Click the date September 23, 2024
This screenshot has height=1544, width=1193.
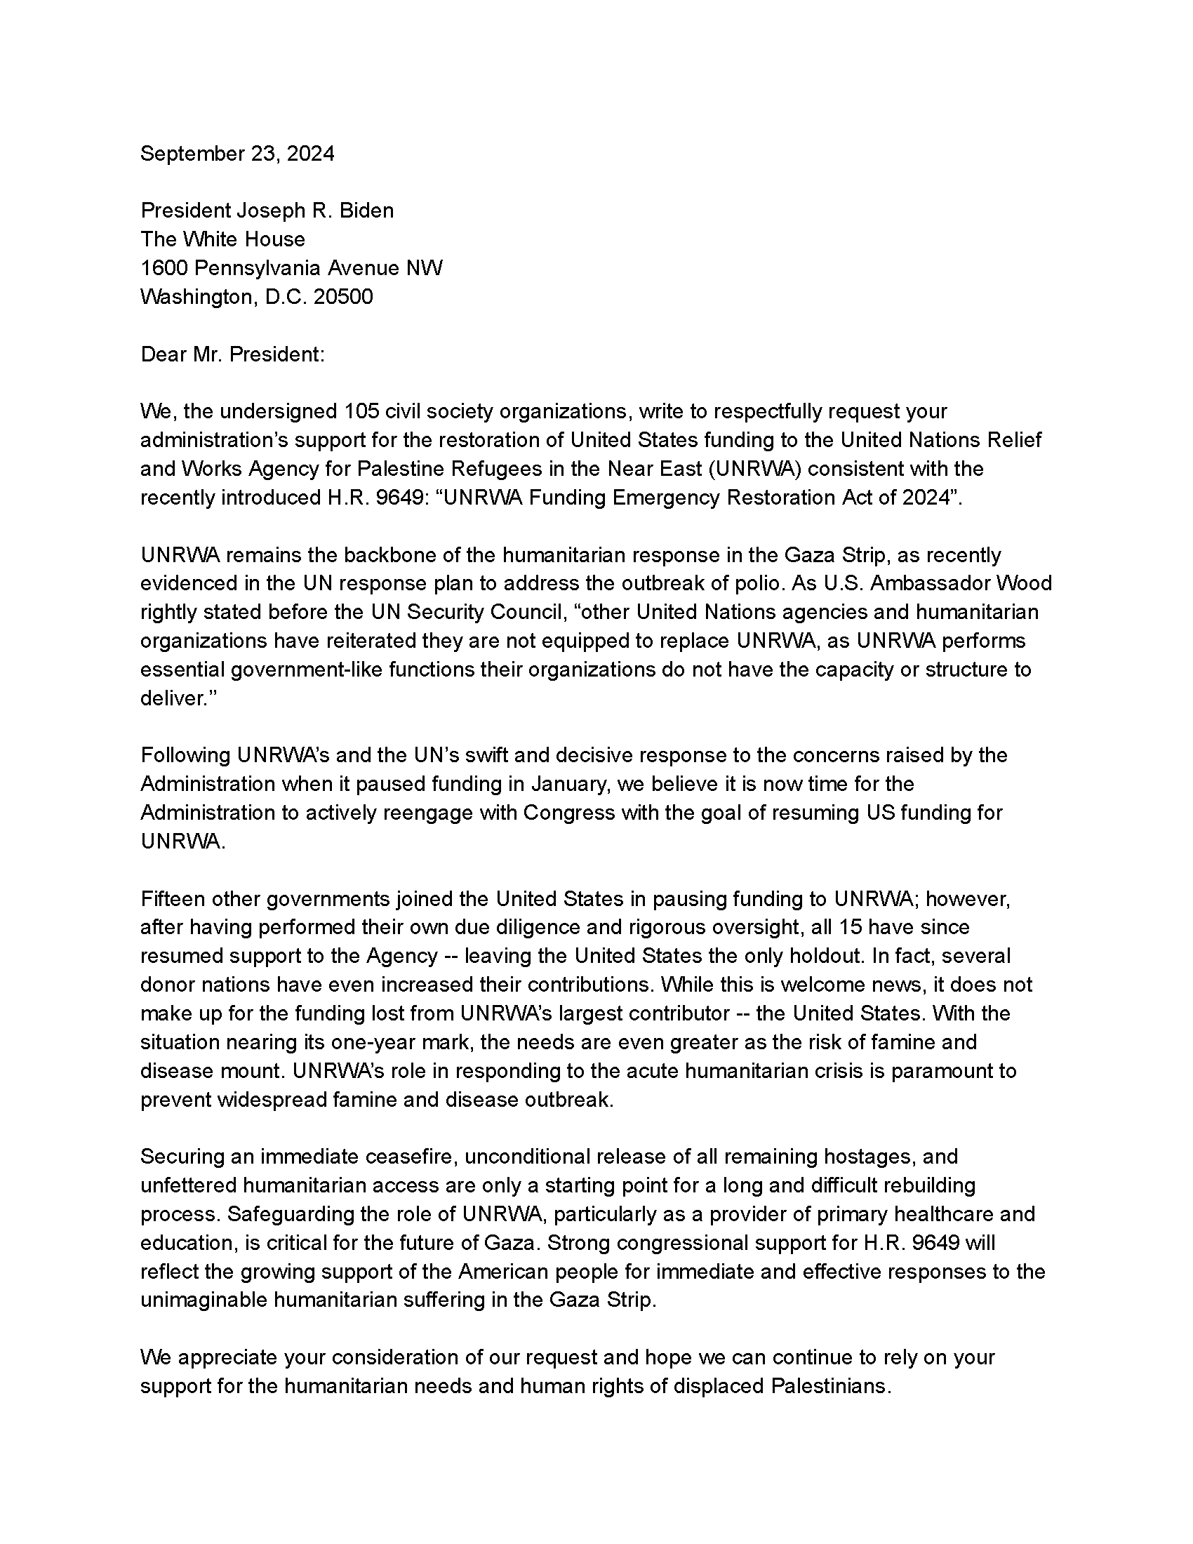(x=236, y=154)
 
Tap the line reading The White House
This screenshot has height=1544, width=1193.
(x=222, y=239)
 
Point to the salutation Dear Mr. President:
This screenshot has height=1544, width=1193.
(x=232, y=354)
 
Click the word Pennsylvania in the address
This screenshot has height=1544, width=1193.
(x=261, y=268)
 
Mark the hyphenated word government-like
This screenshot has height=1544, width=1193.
(x=307, y=670)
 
